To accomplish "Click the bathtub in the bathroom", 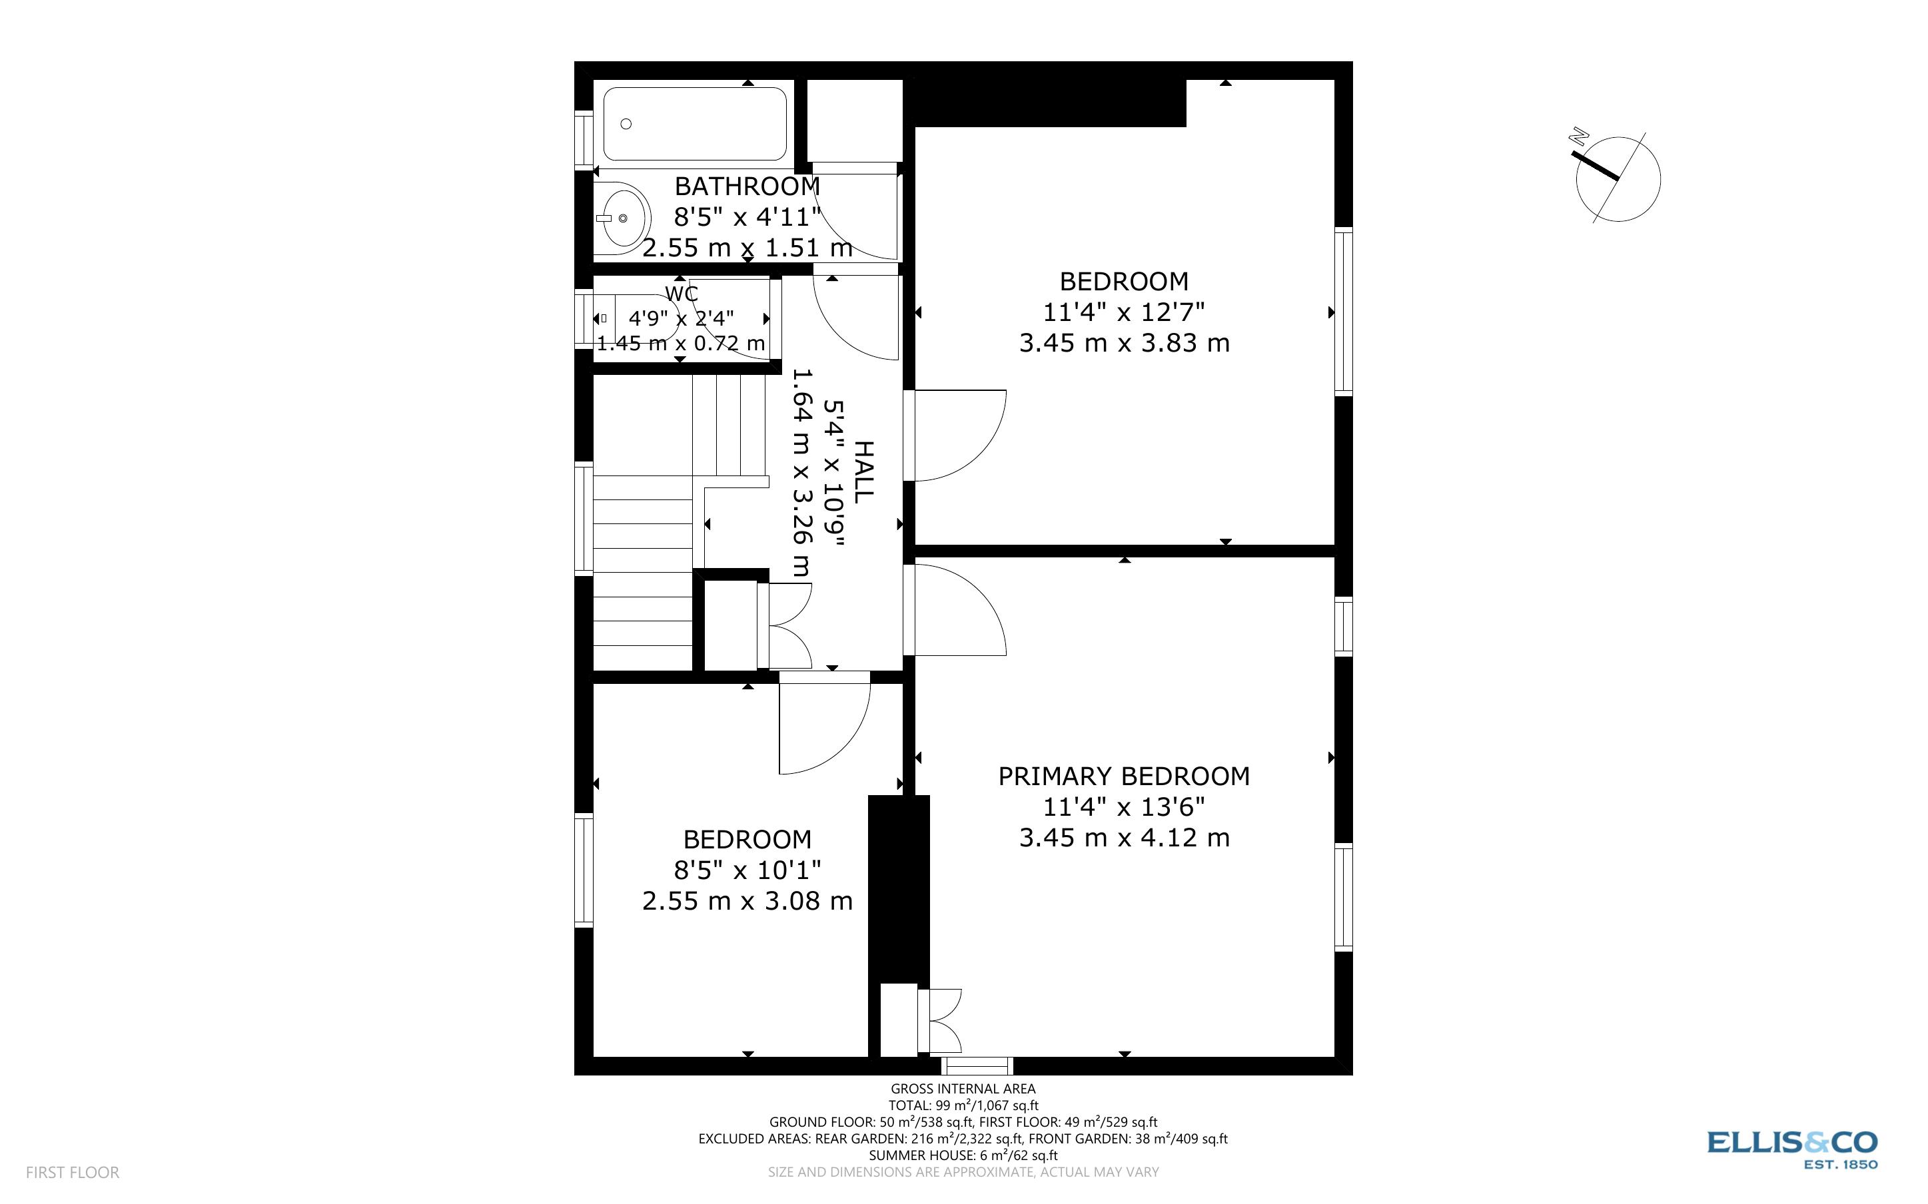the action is coord(694,125).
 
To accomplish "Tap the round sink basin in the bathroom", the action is coord(623,217).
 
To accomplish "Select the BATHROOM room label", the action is coord(747,186).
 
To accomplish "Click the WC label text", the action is coord(682,293).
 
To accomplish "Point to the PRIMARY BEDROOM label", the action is coord(1124,776).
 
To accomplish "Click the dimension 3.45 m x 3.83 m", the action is coord(1124,343).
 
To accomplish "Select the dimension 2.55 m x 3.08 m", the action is coord(747,900).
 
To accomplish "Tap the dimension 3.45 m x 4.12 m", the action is coord(1124,838).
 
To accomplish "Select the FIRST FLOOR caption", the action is coord(73,1172).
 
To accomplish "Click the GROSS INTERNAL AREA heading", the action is coord(963,1089).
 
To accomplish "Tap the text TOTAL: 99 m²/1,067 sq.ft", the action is coord(963,1105).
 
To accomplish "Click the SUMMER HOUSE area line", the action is coord(963,1155).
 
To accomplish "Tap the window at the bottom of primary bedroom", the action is coord(977,1066).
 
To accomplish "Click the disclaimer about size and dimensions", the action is coord(963,1172).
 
